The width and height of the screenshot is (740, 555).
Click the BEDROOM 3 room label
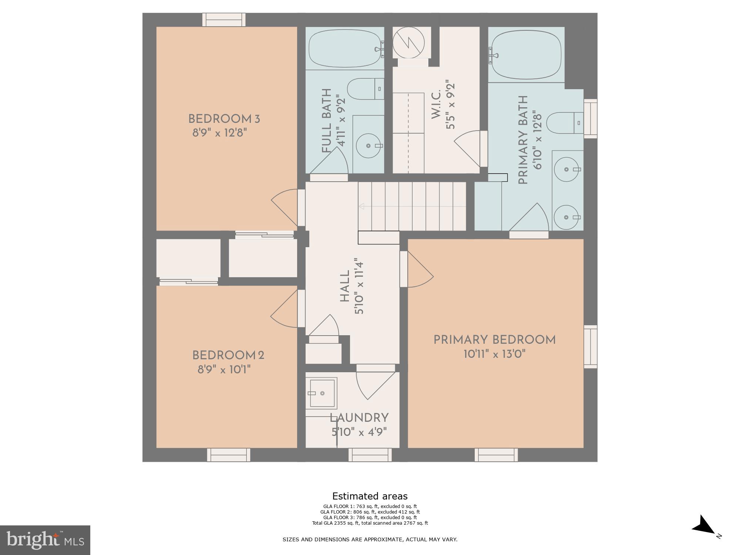[x=224, y=119]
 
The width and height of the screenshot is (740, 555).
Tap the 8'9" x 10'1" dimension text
[x=224, y=369]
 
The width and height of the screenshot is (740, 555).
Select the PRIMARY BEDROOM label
[x=494, y=340]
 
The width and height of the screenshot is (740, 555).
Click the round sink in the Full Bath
[x=368, y=146]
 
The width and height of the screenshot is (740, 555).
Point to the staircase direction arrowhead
[x=361, y=206]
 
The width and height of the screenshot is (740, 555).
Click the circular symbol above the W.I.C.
[x=408, y=43]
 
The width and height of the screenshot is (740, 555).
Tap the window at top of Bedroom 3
[x=224, y=20]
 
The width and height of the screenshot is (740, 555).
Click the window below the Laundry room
[x=370, y=455]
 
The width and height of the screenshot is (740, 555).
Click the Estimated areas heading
[x=370, y=496]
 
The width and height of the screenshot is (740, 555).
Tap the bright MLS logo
[x=45, y=540]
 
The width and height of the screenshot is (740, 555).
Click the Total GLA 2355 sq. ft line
[x=370, y=523]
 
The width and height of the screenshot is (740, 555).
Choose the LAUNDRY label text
[x=359, y=418]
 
